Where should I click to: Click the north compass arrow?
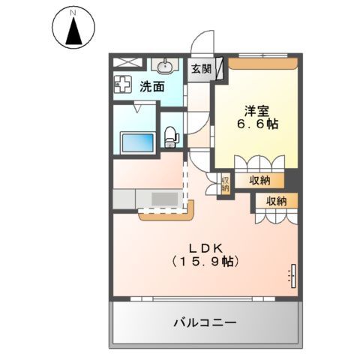tap(73, 31)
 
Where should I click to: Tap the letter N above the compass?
tap(73, 12)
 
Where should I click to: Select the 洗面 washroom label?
tap(153, 86)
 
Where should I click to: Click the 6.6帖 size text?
tap(258, 124)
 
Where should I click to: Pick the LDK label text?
tap(203, 247)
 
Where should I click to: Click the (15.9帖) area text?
tap(204, 262)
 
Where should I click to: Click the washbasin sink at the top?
tap(165, 67)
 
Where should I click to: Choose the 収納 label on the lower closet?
tap(276, 201)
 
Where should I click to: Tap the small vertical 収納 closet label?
tap(224, 183)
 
